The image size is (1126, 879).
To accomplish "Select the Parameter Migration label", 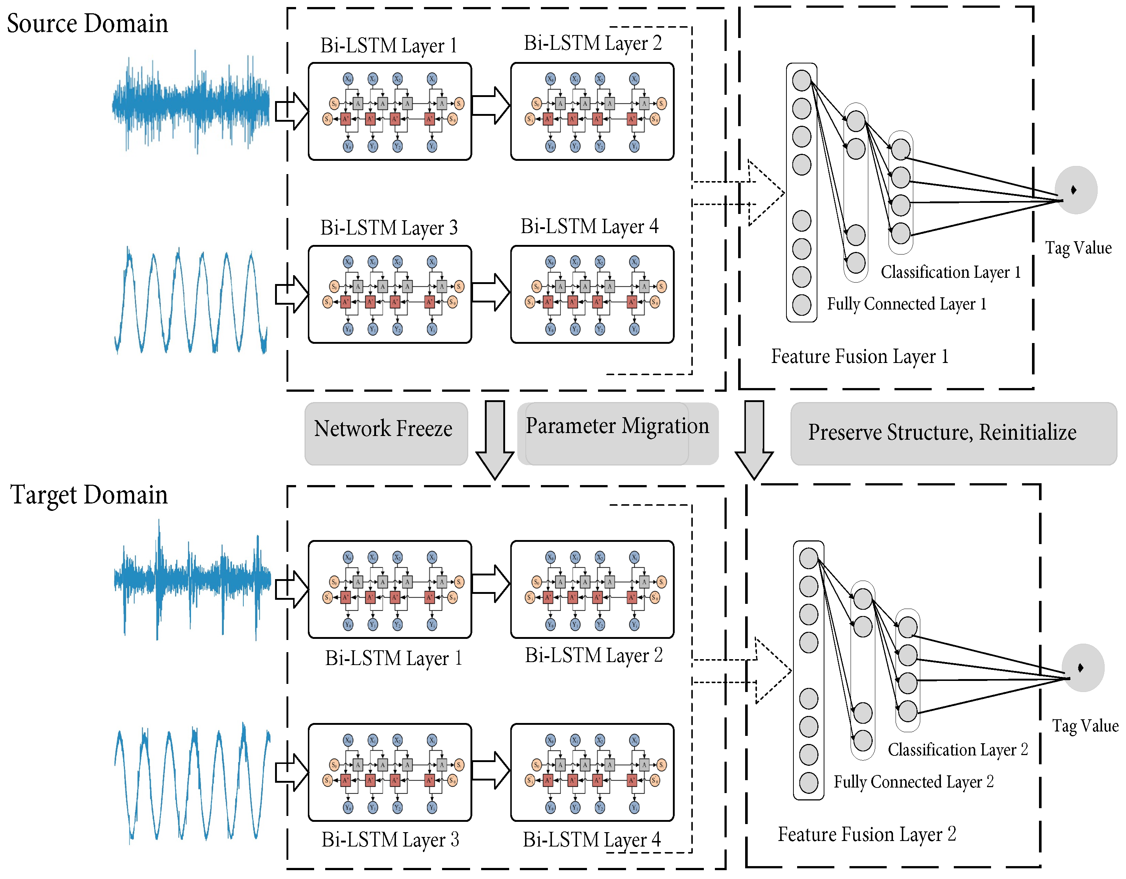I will click(x=617, y=426).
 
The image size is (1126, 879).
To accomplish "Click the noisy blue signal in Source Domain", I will click(x=191, y=103).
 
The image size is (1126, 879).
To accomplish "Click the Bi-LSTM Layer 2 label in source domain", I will click(x=592, y=43).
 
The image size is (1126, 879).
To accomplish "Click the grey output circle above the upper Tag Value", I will click(x=1075, y=190).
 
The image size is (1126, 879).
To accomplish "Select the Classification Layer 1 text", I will click(x=950, y=272).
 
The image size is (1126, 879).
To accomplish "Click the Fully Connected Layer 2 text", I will click(x=913, y=782).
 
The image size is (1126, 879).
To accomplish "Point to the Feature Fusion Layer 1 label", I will click(x=859, y=356).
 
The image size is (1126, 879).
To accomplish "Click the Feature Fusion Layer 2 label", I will click(x=867, y=834).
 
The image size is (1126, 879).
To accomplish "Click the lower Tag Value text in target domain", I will click(x=1085, y=726).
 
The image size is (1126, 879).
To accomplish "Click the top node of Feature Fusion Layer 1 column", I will click(x=801, y=80).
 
